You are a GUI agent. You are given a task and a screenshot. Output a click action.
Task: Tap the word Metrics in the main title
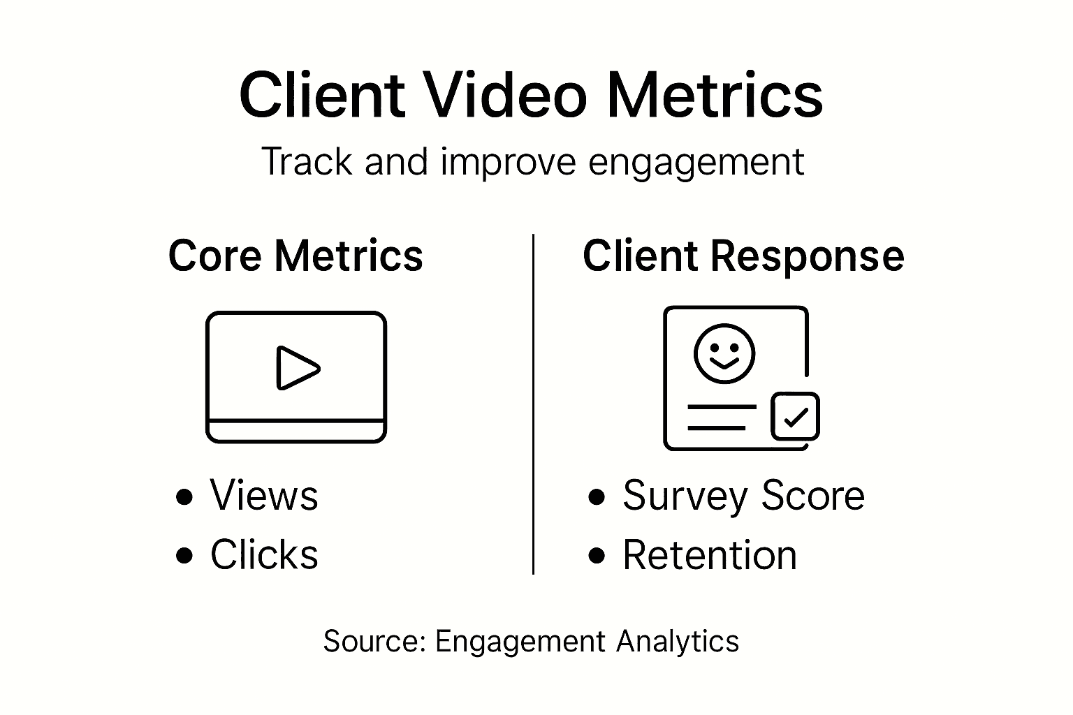[x=715, y=96]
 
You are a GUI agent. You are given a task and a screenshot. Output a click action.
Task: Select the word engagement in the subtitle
[x=696, y=161]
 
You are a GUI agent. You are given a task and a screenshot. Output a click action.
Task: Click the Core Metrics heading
[x=295, y=256]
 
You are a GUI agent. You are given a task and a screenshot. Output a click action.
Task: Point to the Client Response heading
[x=743, y=256]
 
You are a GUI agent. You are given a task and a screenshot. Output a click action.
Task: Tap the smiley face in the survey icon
[x=724, y=353]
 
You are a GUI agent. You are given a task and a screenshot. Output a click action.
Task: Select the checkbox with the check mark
[x=795, y=417]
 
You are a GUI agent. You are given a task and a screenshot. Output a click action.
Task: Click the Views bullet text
[x=264, y=496]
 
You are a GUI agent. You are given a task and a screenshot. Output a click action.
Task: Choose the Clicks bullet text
[x=264, y=555]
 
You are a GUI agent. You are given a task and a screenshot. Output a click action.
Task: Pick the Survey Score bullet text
[x=743, y=496]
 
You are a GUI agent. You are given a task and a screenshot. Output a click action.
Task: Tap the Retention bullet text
[x=710, y=556]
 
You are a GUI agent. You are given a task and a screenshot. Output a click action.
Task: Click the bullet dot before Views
[x=184, y=497]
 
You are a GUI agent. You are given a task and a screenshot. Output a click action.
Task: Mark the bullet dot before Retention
[x=597, y=556]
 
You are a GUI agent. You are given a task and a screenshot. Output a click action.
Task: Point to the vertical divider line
[x=534, y=405]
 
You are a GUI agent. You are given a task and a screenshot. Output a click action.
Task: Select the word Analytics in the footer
[x=678, y=641]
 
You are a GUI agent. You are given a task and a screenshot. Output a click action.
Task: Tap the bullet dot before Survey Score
[x=597, y=497]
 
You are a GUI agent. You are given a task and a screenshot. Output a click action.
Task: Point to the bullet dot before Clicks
[x=184, y=556]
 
